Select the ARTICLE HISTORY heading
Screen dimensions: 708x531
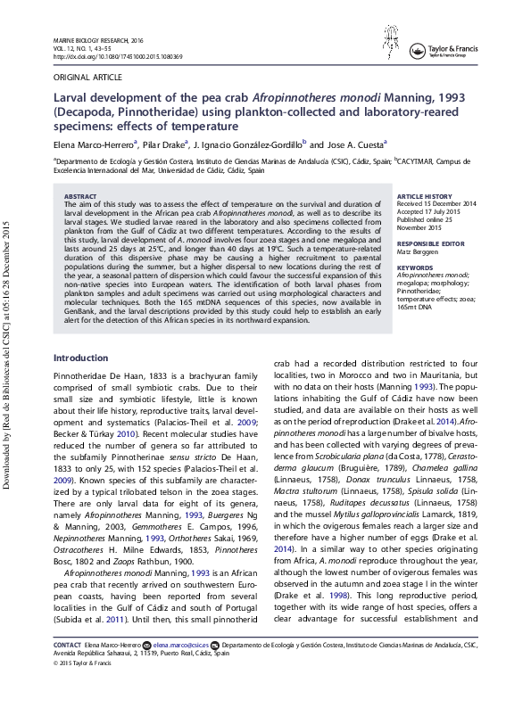[424, 195]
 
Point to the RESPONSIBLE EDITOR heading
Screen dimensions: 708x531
[431, 243]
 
